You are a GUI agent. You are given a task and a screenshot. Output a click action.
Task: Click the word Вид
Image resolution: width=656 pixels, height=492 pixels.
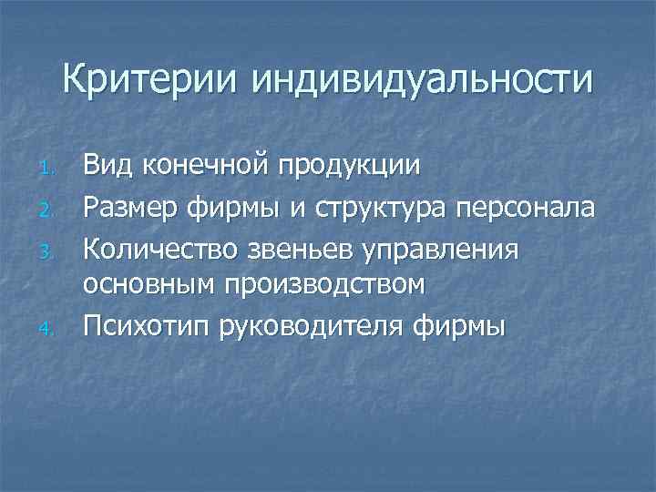(x=107, y=166)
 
